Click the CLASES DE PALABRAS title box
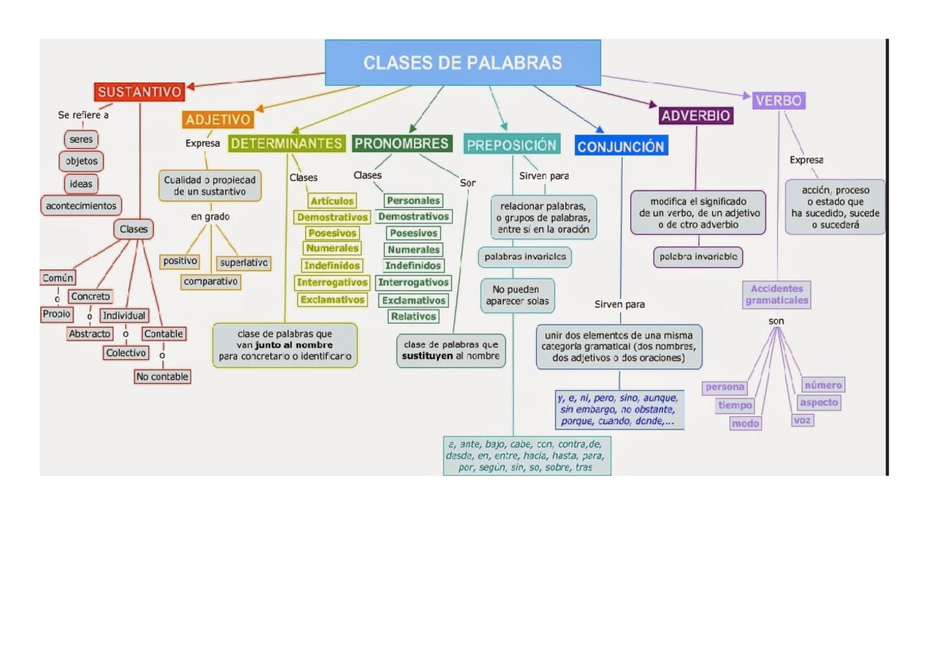(463, 63)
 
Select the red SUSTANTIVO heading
(140, 93)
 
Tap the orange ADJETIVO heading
(218, 120)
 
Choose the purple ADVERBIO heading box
(695, 116)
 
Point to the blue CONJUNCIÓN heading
(620, 146)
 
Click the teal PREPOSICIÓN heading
(511, 144)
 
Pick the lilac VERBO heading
(779, 100)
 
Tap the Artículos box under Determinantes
(332, 201)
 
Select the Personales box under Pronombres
(413, 201)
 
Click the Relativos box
(413, 316)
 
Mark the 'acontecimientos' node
(81, 205)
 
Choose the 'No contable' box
(162, 377)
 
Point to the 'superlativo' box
(243, 263)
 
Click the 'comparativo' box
(211, 282)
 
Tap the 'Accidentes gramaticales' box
(776, 294)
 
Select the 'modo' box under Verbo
(745, 423)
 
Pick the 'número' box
(823, 385)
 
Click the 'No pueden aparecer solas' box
(518, 295)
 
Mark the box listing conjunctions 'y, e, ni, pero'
(618, 409)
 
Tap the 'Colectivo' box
(126, 353)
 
